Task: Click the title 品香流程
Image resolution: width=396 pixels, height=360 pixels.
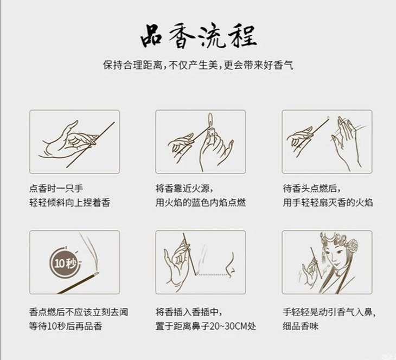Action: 199,36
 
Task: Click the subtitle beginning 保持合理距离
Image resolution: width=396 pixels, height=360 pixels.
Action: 198,65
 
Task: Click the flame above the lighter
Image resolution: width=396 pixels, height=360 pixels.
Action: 210,120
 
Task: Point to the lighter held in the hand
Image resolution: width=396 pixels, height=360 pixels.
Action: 212,131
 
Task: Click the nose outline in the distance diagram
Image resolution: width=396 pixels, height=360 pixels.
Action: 231,265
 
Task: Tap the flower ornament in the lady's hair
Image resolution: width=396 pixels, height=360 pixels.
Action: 352,246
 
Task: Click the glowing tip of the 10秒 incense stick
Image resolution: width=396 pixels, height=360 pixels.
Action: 96,274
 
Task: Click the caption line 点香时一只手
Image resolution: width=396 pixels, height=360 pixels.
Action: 56,189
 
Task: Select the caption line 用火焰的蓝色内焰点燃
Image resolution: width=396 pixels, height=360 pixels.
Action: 201,202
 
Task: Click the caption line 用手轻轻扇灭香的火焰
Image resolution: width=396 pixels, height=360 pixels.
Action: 328,202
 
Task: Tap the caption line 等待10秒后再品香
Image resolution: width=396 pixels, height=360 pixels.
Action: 66,326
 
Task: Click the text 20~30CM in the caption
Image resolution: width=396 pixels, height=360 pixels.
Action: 228,326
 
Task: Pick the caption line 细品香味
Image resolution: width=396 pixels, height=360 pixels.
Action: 301,326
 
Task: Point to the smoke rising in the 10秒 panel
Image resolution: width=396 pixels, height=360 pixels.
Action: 91,253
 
